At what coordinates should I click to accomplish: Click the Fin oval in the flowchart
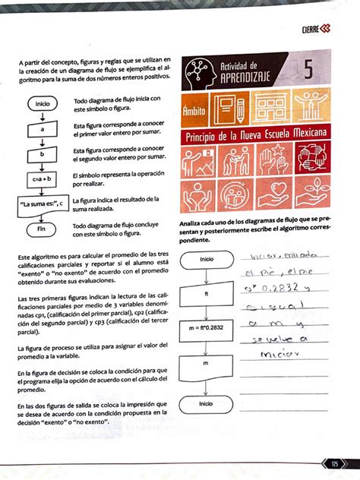(42, 229)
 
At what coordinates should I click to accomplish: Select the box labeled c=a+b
(42, 178)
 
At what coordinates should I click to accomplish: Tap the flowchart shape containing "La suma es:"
(41, 203)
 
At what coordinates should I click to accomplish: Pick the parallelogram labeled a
(42, 129)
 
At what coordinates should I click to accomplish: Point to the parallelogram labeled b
(42, 154)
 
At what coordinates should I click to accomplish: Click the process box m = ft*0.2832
(206, 329)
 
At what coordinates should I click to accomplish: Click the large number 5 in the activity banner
(308, 69)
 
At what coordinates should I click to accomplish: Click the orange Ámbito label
(195, 112)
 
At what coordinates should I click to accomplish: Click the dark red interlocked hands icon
(312, 161)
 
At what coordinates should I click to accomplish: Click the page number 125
(334, 463)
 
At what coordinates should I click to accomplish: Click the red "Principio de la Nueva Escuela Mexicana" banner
(256, 135)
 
